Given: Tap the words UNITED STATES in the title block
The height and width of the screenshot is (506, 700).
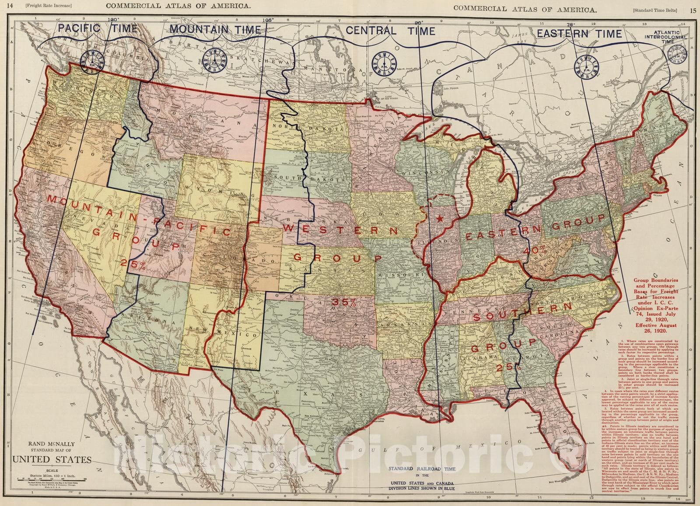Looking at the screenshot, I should pyautogui.click(x=52, y=460).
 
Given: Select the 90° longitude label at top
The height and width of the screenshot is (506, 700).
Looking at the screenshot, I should pyautogui.click(x=419, y=22).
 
